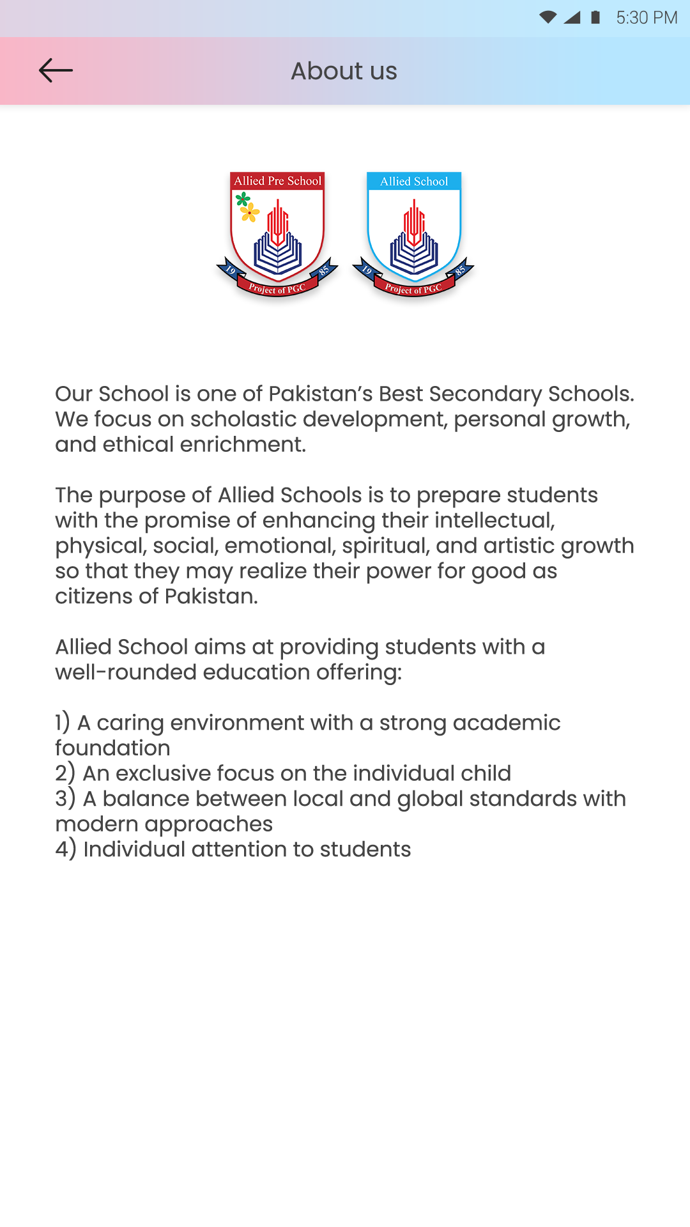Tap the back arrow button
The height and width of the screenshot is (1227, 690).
point(56,70)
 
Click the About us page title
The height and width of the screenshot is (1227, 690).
point(344,71)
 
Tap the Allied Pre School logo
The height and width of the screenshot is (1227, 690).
point(277,233)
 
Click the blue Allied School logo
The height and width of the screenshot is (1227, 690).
point(414,233)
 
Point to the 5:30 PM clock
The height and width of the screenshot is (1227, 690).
point(646,17)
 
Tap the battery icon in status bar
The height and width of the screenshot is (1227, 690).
point(595,17)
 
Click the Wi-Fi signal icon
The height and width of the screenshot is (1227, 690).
point(548,17)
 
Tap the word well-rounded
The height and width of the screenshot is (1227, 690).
point(125,672)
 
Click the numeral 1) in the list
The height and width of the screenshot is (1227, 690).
point(62,723)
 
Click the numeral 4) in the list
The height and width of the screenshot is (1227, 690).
point(65,849)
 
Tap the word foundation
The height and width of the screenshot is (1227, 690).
point(112,748)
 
